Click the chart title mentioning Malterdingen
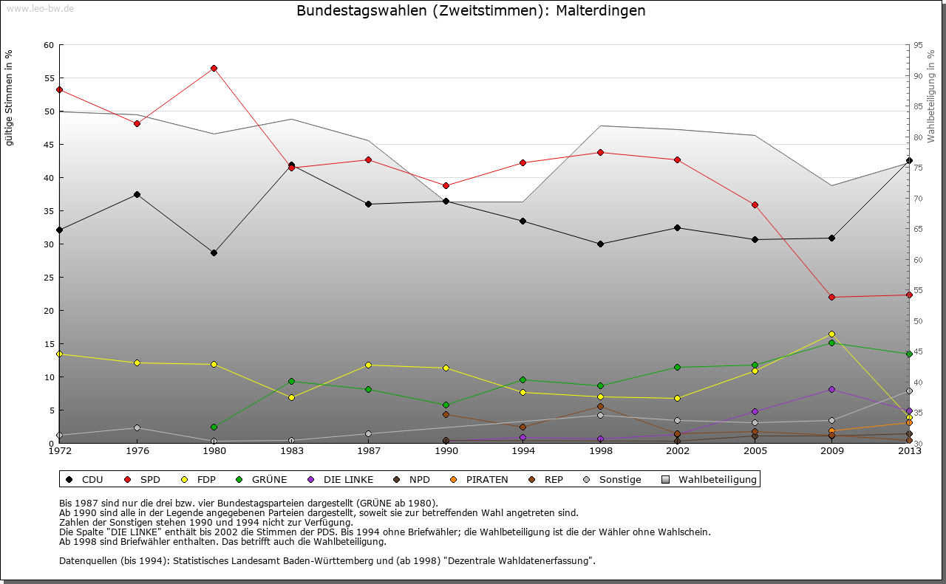point(471,11)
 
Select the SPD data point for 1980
point(214,68)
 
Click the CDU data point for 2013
point(909,160)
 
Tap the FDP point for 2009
point(832,334)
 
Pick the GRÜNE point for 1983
point(291,381)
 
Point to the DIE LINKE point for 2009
point(832,389)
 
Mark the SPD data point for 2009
point(832,297)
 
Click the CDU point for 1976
point(137,194)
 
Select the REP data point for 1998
point(600,406)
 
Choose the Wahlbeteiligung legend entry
point(709,480)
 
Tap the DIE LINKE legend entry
point(341,480)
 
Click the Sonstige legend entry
point(613,480)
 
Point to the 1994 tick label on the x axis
point(523,451)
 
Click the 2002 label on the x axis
point(678,451)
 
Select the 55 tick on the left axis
point(49,78)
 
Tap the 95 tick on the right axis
point(918,45)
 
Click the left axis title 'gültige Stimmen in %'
point(10,97)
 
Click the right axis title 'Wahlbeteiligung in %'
point(931,96)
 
